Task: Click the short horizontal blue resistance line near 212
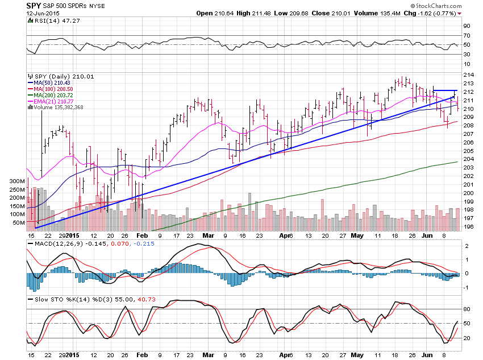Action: pyautogui.click(x=445, y=90)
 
